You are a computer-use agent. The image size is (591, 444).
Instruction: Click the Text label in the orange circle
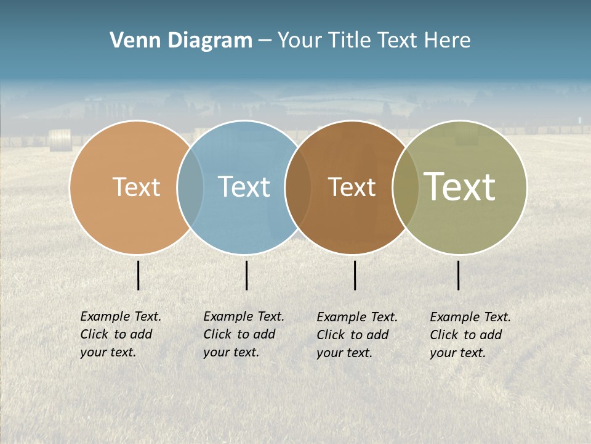[x=136, y=187]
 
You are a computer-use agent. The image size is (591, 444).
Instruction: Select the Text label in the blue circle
[x=244, y=187]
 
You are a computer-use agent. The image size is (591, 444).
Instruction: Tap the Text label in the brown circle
[x=352, y=187]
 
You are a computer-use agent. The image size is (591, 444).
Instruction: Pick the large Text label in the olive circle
[x=460, y=187]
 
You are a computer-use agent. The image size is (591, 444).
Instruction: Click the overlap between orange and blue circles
[x=190, y=187]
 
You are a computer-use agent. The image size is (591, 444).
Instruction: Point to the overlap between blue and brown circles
[x=298, y=187]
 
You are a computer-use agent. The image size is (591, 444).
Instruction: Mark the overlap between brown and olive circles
[x=406, y=187]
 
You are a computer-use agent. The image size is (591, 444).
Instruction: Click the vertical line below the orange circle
[x=139, y=275]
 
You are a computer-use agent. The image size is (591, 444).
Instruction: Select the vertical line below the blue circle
[x=246, y=275]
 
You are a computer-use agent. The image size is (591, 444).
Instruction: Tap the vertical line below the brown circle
[x=355, y=275]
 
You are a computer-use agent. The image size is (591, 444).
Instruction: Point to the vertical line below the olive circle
[x=458, y=275]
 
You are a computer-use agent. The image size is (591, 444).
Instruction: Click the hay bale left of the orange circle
[x=60, y=140]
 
